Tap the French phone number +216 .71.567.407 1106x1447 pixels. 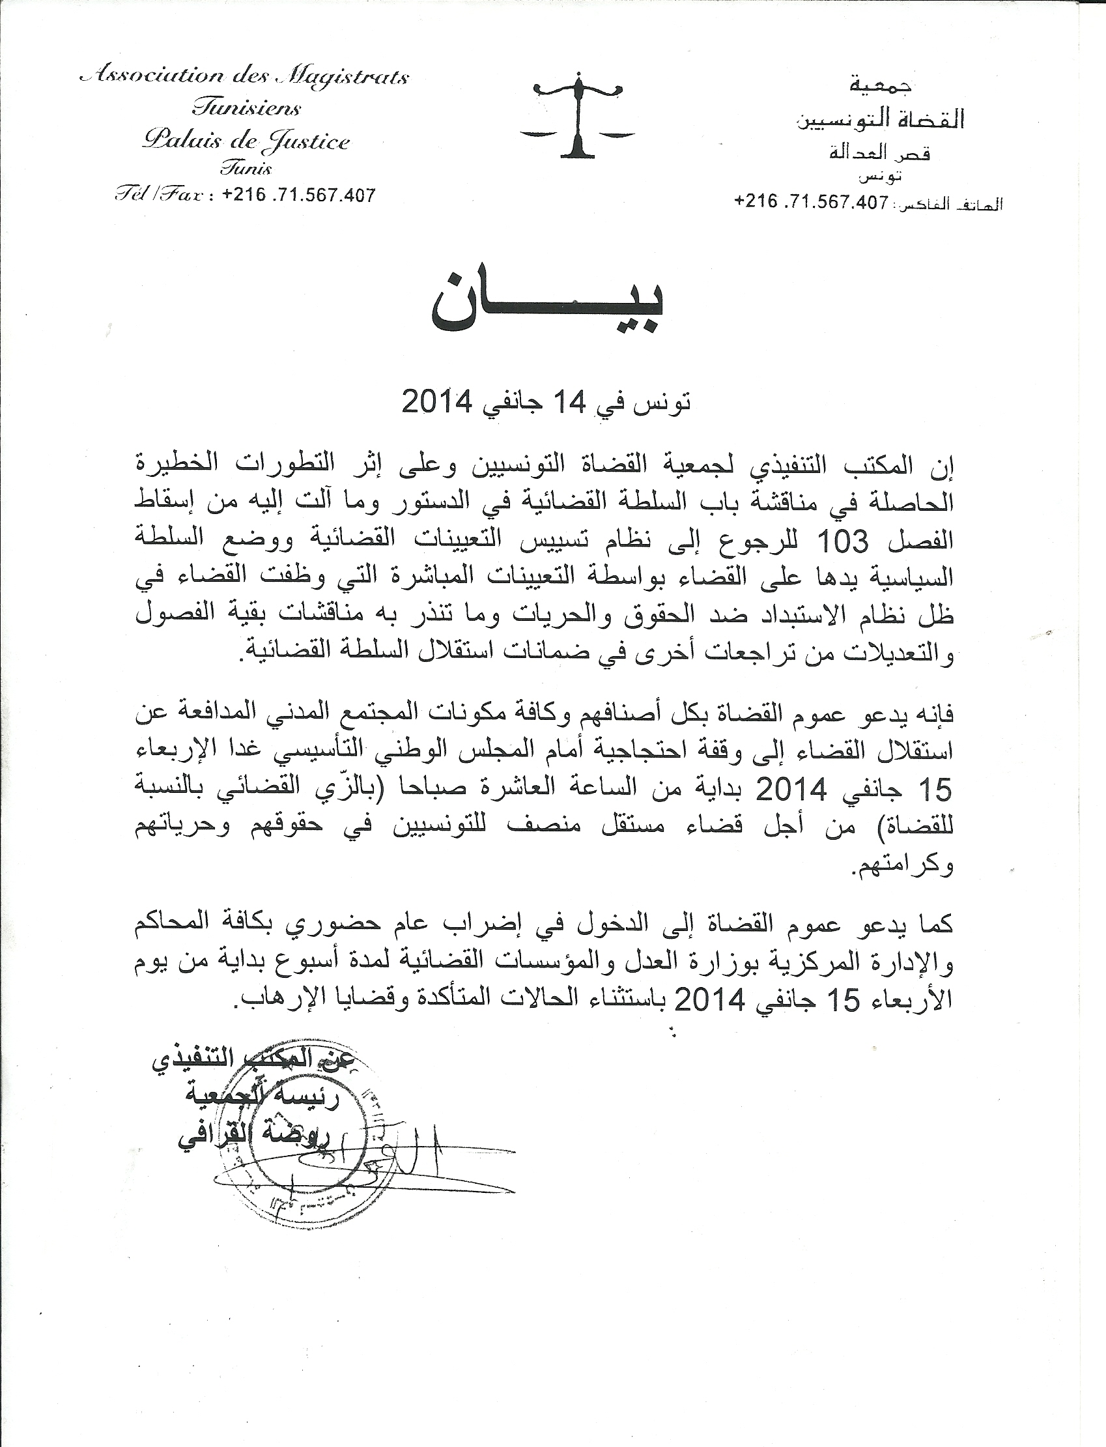pos(300,195)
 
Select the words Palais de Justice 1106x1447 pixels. pos(246,140)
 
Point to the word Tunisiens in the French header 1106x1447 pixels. pos(246,107)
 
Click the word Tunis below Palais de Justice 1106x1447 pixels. pos(246,168)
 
